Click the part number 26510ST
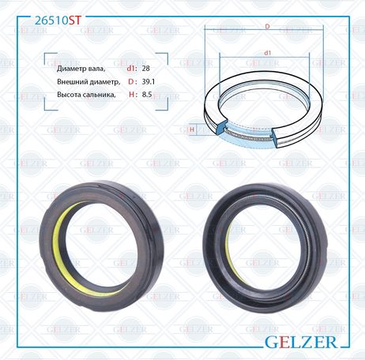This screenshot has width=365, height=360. (58, 21)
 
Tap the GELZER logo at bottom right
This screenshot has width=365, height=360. (301, 342)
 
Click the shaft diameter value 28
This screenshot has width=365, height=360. (145, 69)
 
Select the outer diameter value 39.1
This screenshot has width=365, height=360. (149, 81)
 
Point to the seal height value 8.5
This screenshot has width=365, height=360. (147, 94)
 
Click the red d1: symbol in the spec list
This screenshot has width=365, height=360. (132, 69)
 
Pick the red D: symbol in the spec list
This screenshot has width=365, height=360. (133, 81)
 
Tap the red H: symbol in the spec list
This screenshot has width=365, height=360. (133, 94)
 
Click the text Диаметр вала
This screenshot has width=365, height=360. (81, 69)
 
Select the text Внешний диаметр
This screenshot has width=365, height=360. (88, 82)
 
